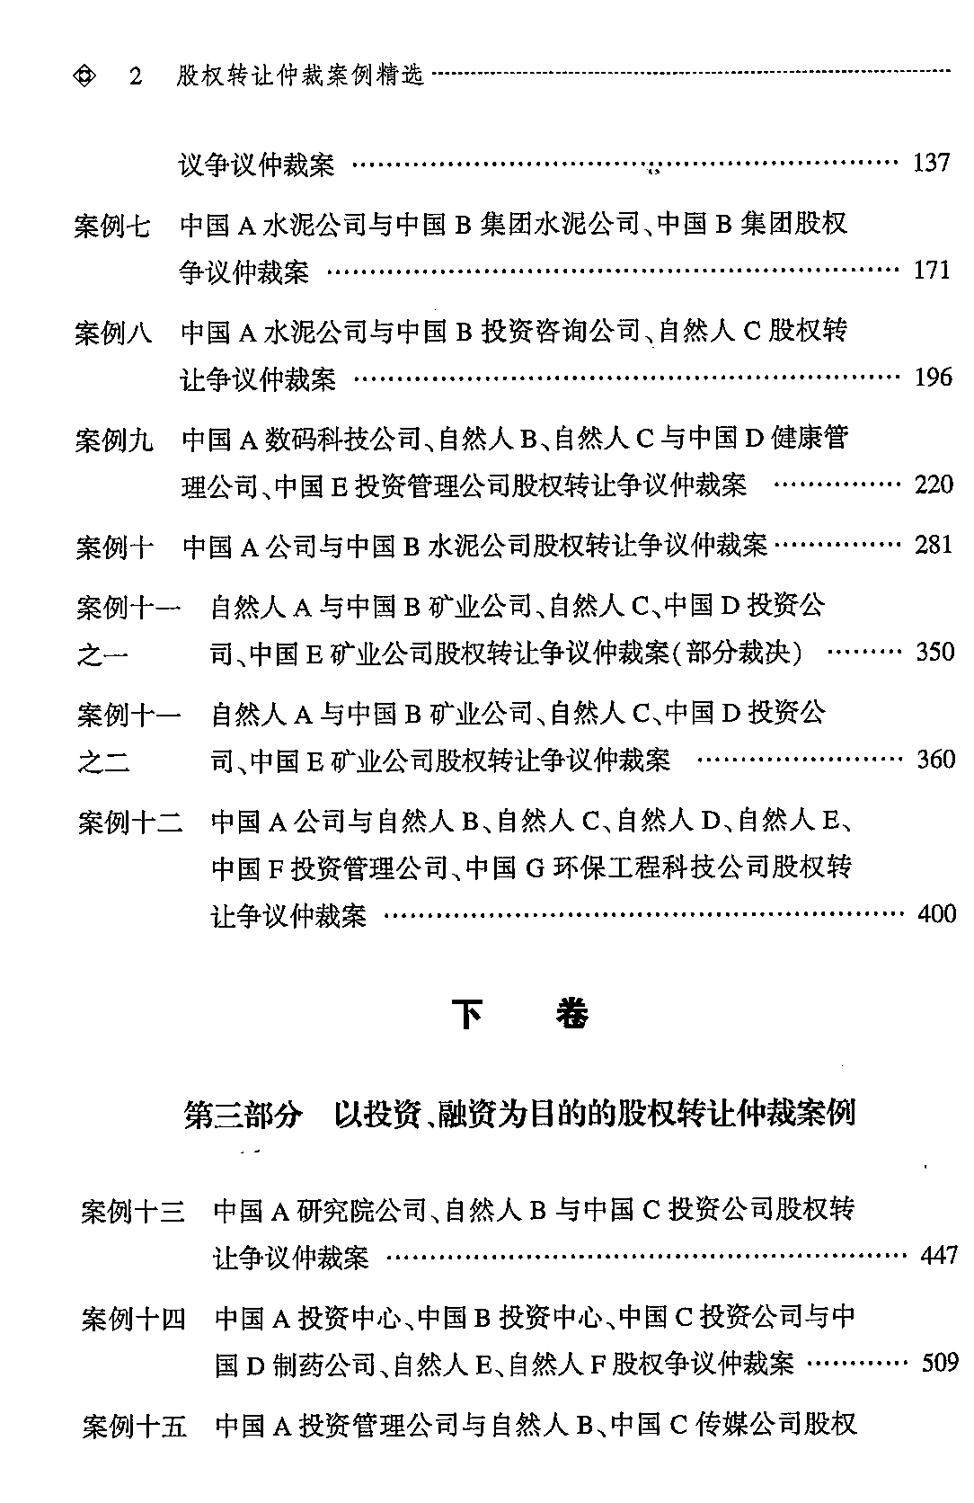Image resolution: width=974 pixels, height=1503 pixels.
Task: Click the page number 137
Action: [x=931, y=164]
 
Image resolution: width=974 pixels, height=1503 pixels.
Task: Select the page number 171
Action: [x=931, y=270]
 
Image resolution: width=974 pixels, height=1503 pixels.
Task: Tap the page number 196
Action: [x=933, y=378]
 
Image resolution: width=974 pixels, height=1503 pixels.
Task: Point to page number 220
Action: [x=934, y=485]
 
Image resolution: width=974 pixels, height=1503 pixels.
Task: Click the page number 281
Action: [x=934, y=545]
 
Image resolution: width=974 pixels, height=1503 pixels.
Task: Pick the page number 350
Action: [x=934, y=652]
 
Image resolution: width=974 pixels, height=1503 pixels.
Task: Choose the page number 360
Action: [x=935, y=760]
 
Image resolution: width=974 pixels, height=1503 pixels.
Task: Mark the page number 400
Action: [x=936, y=914]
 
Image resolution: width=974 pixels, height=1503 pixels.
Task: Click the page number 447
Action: [x=939, y=1255]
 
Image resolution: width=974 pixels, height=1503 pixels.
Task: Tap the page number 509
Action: [x=940, y=1363]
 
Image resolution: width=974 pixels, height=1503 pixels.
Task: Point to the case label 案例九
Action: [x=114, y=440]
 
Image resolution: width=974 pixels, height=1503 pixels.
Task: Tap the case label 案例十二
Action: [x=130, y=822]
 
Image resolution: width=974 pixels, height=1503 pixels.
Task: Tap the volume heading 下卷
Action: [x=519, y=1015]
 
